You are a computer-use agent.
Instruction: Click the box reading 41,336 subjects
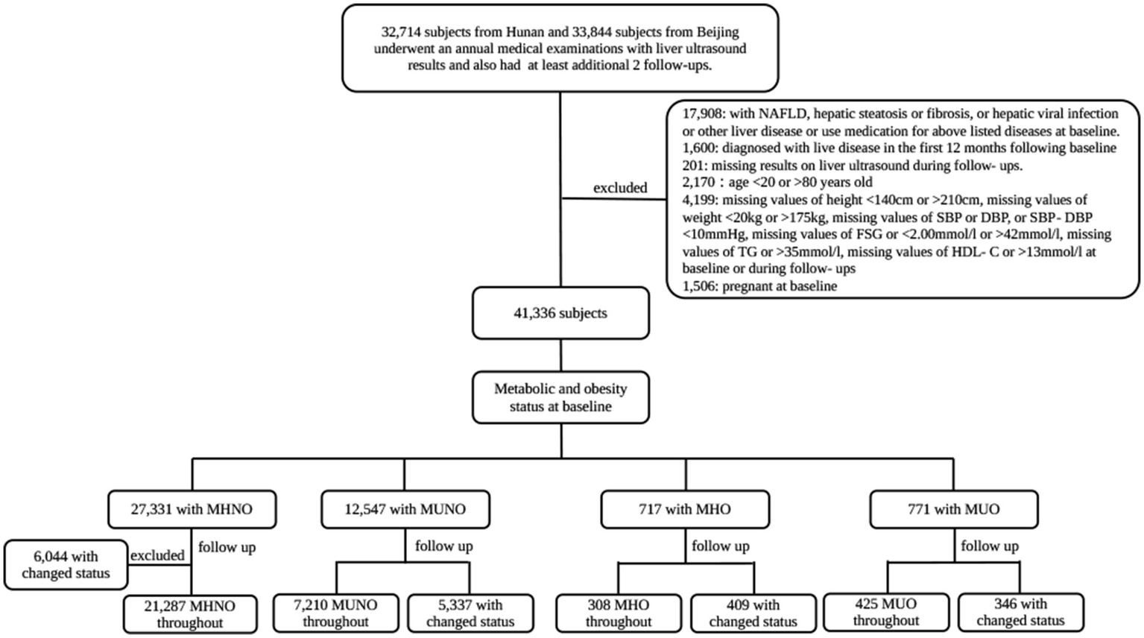tap(560, 313)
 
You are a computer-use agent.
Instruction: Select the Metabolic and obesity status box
tap(560, 397)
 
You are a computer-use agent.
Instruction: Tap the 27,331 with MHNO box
tap(192, 509)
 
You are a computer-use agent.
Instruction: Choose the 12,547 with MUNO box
tap(405, 509)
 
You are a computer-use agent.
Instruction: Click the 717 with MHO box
tap(685, 509)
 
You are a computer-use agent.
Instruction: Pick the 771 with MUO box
tap(953, 509)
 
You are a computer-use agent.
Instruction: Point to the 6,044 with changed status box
tap(66, 564)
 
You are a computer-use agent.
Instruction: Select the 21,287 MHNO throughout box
tap(190, 614)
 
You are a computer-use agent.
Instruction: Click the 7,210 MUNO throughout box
tap(335, 613)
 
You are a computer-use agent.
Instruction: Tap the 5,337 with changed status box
tap(470, 613)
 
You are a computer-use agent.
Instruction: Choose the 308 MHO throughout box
tap(618, 613)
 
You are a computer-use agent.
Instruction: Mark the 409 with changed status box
tap(753, 613)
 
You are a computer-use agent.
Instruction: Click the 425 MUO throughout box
tap(885, 612)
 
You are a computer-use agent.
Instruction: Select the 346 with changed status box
tap(1020, 612)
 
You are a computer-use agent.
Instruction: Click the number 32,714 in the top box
tap(401, 32)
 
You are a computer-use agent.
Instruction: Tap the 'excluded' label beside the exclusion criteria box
tap(620, 188)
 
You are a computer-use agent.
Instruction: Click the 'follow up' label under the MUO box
tap(989, 546)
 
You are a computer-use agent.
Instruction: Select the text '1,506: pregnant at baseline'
tap(759, 286)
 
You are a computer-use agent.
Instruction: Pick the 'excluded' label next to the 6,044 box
tap(157, 555)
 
